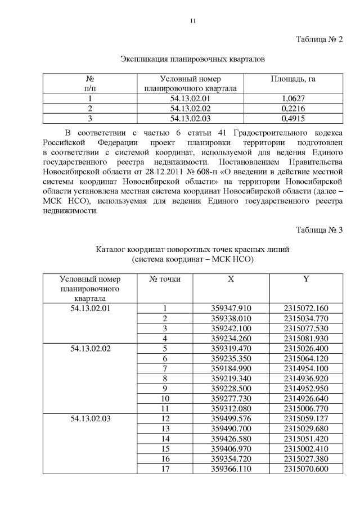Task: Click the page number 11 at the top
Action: (192, 21)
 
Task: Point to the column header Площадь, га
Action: (293, 79)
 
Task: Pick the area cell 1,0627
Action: (293, 98)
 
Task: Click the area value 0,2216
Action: (293, 108)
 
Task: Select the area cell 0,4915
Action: (293, 118)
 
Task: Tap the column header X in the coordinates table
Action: (231, 279)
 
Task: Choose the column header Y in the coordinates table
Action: (306, 279)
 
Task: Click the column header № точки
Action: (165, 279)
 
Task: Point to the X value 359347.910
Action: (231, 308)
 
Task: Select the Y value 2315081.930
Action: (306, 338)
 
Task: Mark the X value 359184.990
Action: (231, 368)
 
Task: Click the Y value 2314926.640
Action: (306, 398)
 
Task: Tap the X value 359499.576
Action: (231, 418)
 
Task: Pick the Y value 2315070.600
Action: (306, 469)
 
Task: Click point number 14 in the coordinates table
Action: (165, 439)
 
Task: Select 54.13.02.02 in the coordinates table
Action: (91, 348)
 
